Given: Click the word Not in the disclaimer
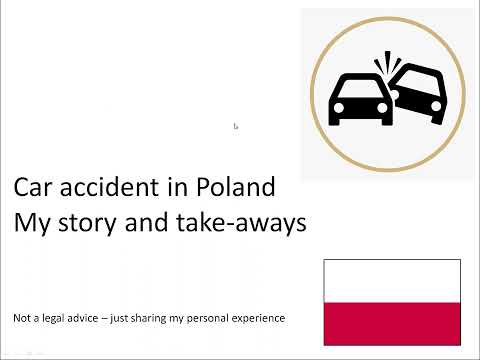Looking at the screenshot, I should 22,318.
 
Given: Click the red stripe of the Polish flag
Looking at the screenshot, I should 392,322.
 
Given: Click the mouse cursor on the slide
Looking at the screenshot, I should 236,127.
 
